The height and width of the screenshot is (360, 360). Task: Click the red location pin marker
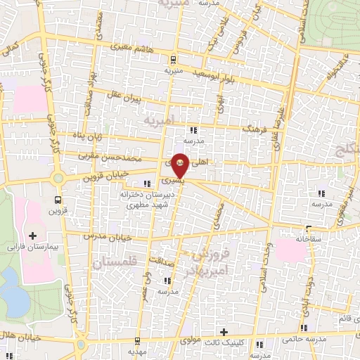point(180,165)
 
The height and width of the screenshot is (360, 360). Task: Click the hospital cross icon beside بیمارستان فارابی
point(32,234)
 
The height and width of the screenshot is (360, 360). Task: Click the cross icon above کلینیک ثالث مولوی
point(224,332)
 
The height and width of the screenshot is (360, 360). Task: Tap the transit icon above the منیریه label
point(174,59)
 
